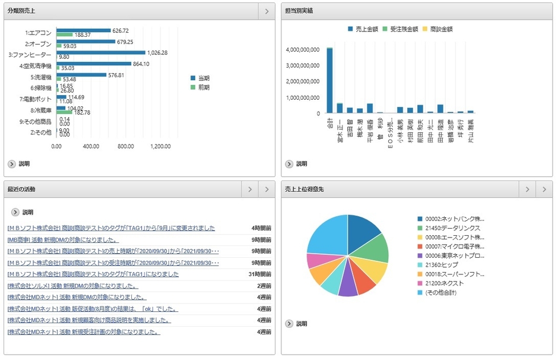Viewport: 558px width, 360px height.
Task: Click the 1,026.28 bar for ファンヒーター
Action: (x=101, y=52)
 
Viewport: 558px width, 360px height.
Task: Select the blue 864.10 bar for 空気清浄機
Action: (x=94, y=64)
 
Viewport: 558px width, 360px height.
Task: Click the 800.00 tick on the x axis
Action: (x=126, y=146)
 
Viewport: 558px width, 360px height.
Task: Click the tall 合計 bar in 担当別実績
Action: (x=329, y=80)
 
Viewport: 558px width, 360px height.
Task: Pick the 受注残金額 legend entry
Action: (x=405, y=29)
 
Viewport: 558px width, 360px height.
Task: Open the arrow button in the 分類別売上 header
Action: (x=267, y=11)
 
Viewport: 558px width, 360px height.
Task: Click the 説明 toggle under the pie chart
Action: (x=296, y=324)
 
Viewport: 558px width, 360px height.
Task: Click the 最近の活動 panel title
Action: (x=21, y=190)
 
